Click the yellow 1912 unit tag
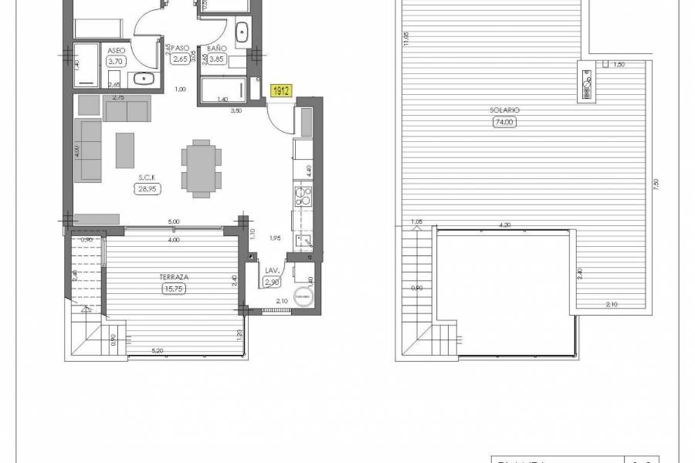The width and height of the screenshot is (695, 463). [281, 91]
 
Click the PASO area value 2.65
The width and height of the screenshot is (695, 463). [181, 59]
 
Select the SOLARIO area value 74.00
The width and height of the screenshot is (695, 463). [503, 121]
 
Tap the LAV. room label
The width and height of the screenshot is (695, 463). [272, 271]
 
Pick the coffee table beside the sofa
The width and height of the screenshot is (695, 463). [124, 150]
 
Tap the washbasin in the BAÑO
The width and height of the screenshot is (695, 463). [241, 32]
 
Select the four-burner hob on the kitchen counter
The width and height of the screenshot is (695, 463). [302, 196]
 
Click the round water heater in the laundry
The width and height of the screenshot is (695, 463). [303, 298]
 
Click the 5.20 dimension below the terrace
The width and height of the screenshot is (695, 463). [158, 351]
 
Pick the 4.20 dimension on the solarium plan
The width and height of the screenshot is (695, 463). [504, 225]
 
